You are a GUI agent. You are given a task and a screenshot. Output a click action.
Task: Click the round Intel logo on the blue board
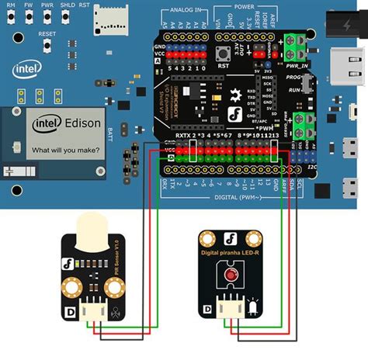click(25, 70)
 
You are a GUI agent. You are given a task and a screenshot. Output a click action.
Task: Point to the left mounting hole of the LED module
click(207, 237)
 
